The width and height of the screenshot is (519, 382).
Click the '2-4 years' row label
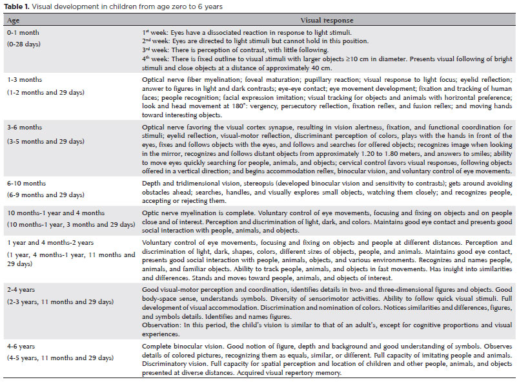point(21,291)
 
